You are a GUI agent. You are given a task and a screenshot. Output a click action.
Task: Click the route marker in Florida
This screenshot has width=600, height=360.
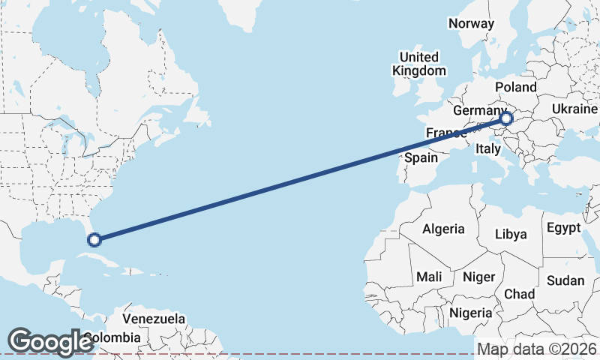94,240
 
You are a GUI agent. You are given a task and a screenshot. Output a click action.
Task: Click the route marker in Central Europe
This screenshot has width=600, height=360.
506,118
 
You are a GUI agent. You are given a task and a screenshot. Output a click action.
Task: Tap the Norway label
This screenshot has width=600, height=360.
471,23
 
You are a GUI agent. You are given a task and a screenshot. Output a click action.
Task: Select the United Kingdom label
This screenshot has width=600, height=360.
418,64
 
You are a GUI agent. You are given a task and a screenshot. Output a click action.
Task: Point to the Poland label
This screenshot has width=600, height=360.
515,87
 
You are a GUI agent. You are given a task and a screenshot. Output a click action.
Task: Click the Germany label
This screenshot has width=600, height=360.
475,111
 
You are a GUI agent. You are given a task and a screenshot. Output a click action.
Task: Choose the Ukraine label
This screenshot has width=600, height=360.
574,109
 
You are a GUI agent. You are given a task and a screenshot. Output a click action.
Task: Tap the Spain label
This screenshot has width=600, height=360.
421,157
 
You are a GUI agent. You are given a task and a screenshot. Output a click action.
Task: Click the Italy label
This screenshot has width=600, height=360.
487,149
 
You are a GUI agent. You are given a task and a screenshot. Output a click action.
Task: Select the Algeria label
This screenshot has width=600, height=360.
443,229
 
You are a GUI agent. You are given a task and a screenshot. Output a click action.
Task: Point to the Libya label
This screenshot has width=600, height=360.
511,234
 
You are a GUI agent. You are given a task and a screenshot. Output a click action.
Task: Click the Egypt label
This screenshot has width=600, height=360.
563,227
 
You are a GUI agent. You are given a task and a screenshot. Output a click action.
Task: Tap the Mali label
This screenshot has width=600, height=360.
429,277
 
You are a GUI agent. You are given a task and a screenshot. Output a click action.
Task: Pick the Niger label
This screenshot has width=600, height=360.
478,277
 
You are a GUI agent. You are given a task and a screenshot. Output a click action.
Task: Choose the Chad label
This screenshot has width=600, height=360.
518,293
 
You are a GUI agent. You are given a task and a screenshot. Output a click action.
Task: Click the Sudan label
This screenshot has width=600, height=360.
565,280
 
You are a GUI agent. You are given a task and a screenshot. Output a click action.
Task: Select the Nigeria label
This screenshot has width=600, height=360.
471,313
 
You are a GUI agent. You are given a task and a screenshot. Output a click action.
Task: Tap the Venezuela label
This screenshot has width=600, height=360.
154,319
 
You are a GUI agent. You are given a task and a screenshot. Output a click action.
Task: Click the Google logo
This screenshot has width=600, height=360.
49,341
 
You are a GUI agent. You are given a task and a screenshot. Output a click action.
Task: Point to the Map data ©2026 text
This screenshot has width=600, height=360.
537,349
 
